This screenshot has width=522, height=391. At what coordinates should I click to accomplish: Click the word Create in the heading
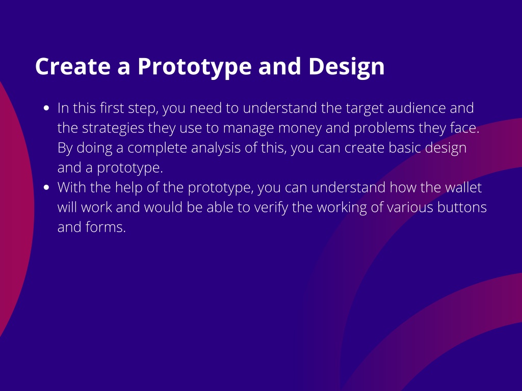(x=73, y=66)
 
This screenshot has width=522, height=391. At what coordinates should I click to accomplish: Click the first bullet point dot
(x=46, y=108)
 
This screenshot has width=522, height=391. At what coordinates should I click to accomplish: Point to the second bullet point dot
(x=46, y=187)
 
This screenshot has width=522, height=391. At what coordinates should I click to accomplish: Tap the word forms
(x=106, y=227)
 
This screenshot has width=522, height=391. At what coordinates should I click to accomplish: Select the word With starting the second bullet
(x=71, y=187)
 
